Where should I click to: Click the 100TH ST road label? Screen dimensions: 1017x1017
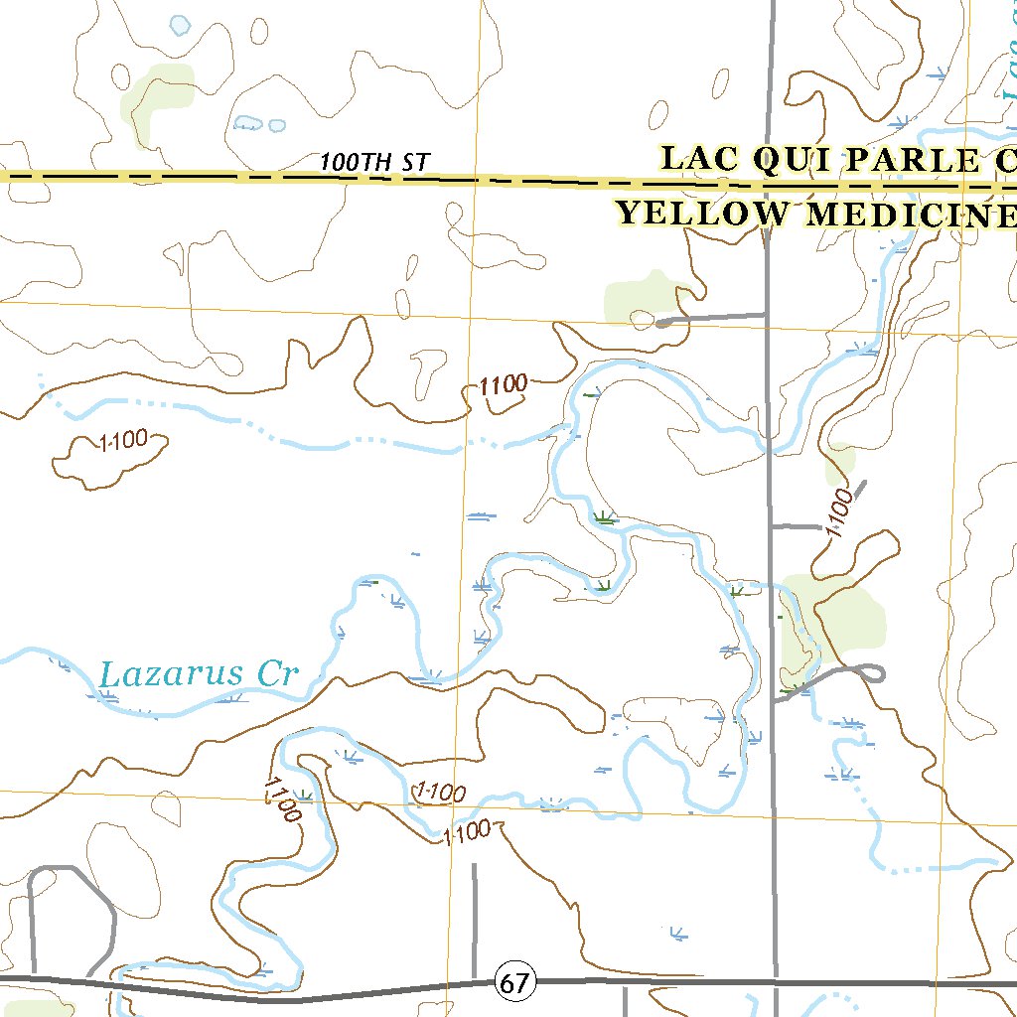tap(376, 162)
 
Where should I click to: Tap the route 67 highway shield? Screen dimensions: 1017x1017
tap(513, 983)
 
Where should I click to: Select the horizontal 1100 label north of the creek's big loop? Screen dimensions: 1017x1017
tap(504, 385)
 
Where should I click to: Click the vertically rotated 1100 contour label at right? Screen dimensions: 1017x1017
tap(839, 512)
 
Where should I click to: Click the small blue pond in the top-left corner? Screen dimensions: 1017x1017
tap(179, 25)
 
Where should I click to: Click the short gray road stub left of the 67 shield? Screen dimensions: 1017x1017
tap(474, 914)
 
